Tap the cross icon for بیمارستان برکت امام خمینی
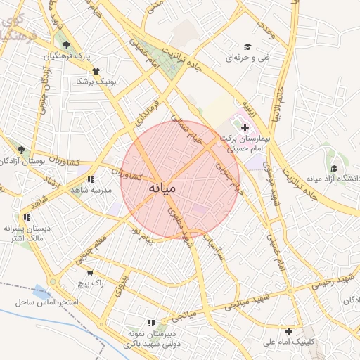point(245,127)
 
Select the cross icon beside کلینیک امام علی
point(288,331)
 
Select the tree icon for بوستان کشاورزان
point(21,150)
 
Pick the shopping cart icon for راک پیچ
point(89,273)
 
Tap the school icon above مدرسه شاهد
point(91,179)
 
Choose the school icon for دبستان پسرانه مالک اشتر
point(26,217)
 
